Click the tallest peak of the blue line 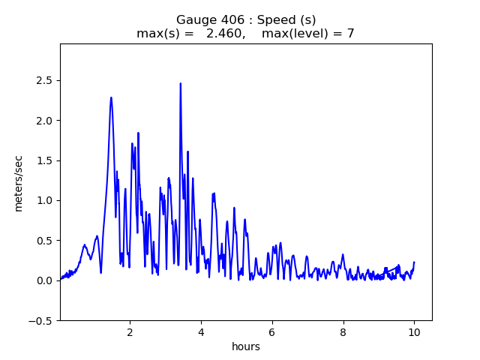[x=180, y=83]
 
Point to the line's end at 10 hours [x=414, y=262]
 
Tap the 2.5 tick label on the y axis [x=45, y=80]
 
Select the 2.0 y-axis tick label [x=45, y=120]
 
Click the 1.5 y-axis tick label [x=45, y=160]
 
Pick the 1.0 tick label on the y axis [x=45, y=200]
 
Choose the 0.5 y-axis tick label [x=45, y=241]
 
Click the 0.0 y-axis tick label [x=45, y=280]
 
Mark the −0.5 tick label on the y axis [x=42, y=320]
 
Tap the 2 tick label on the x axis [x=130, y=331]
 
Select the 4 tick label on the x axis [x=201, y=331]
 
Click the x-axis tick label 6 [x=272, y=331]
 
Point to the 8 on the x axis [x=343, y=331]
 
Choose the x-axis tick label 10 [x=414, y=331]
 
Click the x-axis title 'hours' [x=246, y=346]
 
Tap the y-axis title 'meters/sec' [x=19, y=183]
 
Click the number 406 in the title [x=228, y=19]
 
